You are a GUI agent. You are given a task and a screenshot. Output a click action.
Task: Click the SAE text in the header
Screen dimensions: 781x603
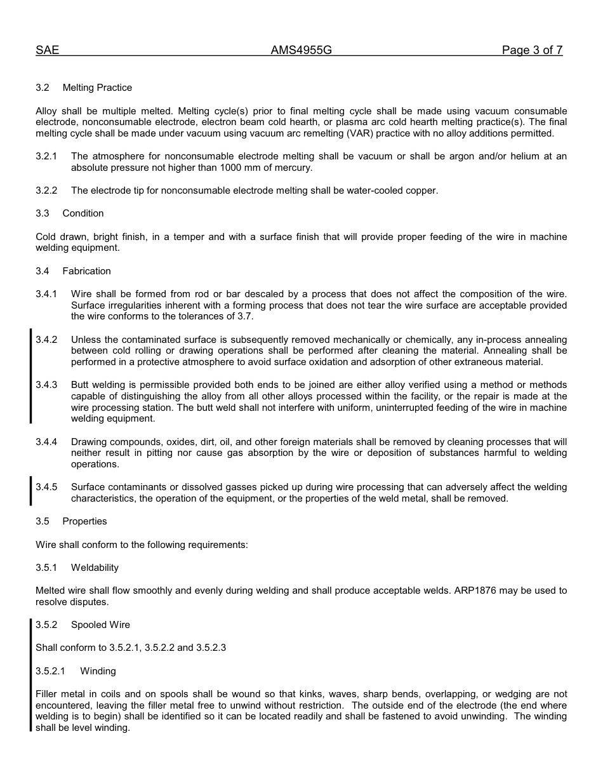47,51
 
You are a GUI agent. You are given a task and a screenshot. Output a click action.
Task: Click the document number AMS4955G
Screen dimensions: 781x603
301,51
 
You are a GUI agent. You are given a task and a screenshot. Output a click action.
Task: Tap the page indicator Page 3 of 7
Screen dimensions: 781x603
532,51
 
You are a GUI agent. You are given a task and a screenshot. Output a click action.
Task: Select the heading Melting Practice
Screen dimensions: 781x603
97,88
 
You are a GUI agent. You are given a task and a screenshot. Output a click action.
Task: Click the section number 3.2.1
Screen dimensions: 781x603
46,156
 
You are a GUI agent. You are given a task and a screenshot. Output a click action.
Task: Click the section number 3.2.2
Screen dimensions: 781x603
46,190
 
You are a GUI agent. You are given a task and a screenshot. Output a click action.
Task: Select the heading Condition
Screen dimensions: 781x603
83,213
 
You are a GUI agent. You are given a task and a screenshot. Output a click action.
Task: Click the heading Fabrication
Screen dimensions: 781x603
86,271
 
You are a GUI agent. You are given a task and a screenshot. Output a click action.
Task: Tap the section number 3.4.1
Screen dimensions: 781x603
46,294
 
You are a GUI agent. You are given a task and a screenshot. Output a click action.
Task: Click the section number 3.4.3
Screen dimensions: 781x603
46,385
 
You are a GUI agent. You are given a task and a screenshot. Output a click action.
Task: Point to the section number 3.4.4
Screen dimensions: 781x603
46,442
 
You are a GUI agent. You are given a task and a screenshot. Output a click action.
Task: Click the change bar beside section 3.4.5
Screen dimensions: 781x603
31,492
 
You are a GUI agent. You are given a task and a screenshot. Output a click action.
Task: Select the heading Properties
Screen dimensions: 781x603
84,521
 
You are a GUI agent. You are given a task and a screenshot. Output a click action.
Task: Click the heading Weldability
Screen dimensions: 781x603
95,568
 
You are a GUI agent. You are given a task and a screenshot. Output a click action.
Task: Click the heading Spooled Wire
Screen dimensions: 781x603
100,625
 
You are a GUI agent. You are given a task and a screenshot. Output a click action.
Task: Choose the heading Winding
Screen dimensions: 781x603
98,671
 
